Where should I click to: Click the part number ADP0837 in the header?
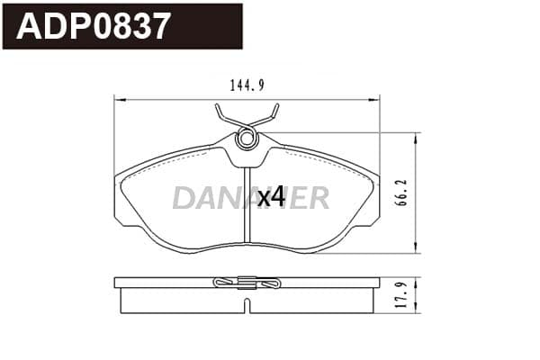94,26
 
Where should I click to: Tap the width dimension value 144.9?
247,85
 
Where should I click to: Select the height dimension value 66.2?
401,193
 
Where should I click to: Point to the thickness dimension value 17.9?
401,295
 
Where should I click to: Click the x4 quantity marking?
272,197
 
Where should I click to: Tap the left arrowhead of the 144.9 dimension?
119,100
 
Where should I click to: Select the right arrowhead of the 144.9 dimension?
374,100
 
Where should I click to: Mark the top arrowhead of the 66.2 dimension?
416,138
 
